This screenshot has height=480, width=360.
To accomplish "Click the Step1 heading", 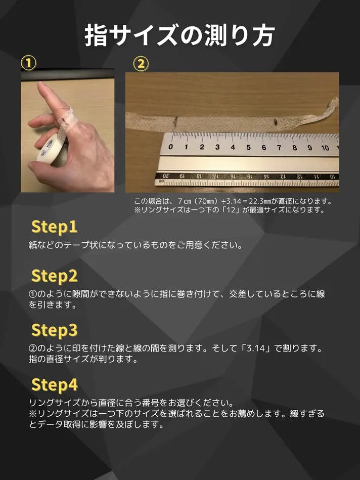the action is coord(54,227).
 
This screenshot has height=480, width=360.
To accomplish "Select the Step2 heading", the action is coord(54,276).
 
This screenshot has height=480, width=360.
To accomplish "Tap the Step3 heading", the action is coord(54,330).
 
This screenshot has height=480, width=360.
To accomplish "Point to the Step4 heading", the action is coord(55,385).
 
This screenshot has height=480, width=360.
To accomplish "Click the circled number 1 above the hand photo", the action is coord(28,63).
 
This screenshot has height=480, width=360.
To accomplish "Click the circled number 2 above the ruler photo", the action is coord(141,64).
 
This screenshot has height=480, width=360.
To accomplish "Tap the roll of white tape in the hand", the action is coord(51,149).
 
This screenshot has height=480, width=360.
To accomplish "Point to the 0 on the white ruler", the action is coord(170,147).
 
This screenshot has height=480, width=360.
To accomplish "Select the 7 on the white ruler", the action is coord(279,148).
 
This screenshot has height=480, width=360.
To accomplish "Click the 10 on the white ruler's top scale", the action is coord(325,148).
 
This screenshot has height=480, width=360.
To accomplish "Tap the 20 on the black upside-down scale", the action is coord(166,176).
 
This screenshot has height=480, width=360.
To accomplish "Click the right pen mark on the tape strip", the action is coord(276,121).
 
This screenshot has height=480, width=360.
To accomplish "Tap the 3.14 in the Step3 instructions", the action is coord(256,348).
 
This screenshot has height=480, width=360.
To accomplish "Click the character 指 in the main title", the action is coord(96,36).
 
